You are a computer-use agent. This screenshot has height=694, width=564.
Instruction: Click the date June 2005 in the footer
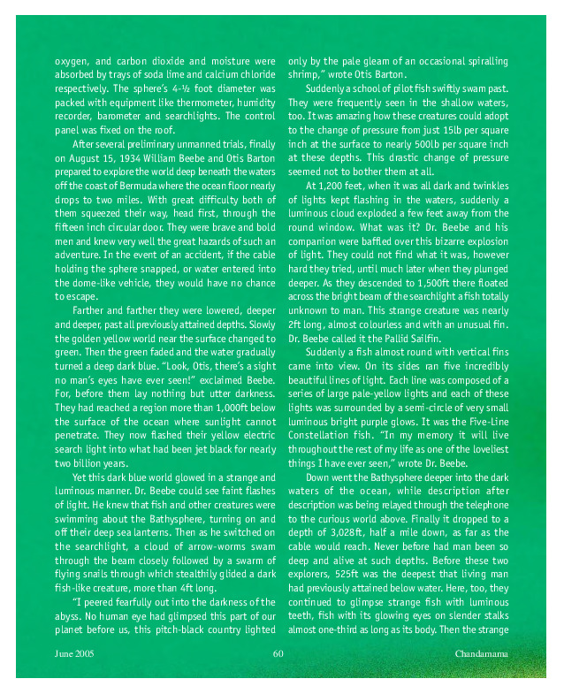[x=74, y=654]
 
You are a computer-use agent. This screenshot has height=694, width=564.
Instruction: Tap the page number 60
[x=278, y=654]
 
